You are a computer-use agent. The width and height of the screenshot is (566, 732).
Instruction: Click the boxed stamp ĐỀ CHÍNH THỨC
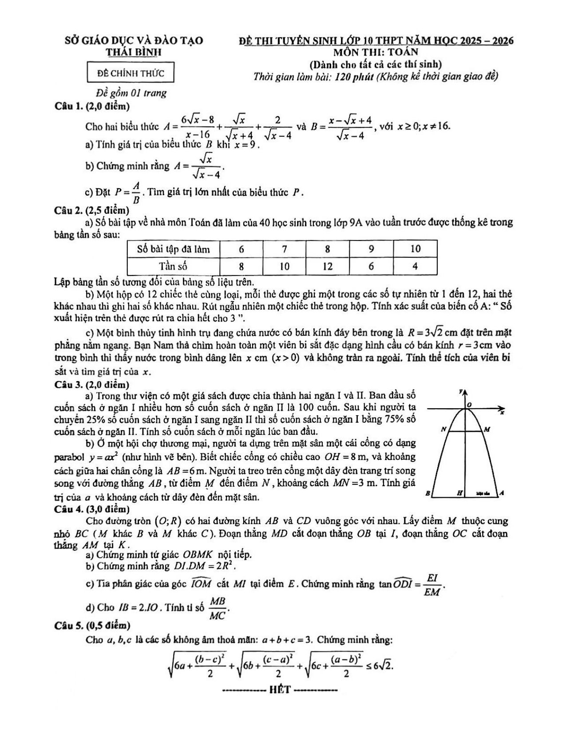[x=131, y=73]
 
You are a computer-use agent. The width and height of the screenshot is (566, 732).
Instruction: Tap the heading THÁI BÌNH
[x=134, y=52]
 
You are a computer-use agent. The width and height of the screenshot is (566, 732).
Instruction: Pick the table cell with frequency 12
[x=328, y=266]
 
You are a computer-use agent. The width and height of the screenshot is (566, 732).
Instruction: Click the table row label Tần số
[x=174, y=266]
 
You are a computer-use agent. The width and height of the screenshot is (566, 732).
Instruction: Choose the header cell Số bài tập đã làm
[x=174, y=249]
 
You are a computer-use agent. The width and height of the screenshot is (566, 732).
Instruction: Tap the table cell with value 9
[x=371, y=249]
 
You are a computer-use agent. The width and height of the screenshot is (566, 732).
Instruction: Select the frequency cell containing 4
[x=415, y=266]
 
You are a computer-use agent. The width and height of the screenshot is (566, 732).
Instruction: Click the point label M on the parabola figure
[x=487, y=429]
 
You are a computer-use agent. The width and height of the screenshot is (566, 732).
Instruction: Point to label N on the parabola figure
[x=443, y=429]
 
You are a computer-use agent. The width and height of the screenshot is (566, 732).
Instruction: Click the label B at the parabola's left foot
[x=428, y=493]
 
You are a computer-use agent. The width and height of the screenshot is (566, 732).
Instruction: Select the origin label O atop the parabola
[x=469, y=405]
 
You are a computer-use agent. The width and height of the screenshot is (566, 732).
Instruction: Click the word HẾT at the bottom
[x=280, y=690]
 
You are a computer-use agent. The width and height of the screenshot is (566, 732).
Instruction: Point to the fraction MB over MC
[x=218, y=608]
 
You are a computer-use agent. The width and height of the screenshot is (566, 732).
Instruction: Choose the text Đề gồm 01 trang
[x=132, y=93]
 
